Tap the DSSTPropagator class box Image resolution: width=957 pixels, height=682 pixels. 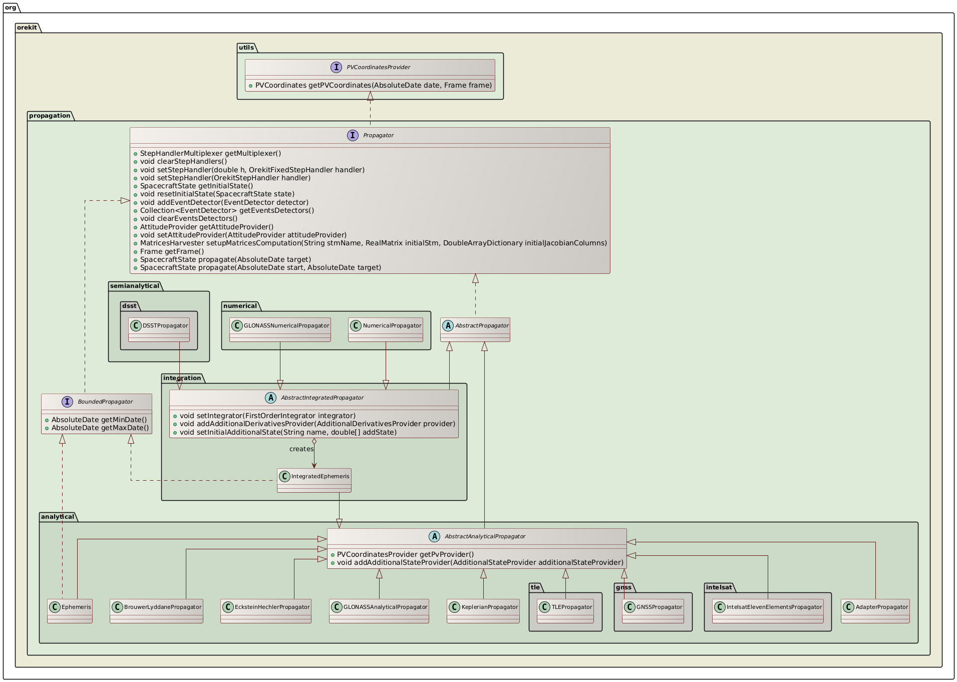point(159,329)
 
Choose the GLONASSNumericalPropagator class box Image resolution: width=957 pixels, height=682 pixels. point(280,329)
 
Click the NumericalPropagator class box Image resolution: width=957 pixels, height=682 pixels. point(385,329)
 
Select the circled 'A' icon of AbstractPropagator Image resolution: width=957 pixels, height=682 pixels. point(448,325)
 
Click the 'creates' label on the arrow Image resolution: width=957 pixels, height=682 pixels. point(301,449)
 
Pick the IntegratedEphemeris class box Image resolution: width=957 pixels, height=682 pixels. point(314,480)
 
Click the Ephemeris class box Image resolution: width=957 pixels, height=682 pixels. point(70,610)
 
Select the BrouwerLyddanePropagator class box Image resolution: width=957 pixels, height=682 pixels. point(156,610)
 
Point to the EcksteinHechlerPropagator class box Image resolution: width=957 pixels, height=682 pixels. point(265,610)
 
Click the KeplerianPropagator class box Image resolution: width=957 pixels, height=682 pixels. point(483,610)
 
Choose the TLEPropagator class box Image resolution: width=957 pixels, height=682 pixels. point(565,610)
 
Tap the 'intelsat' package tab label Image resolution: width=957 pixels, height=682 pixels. point(719,587)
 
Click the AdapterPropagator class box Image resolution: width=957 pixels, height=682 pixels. point(875,610)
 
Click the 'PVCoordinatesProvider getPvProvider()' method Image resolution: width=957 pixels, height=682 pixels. point(405,554)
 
